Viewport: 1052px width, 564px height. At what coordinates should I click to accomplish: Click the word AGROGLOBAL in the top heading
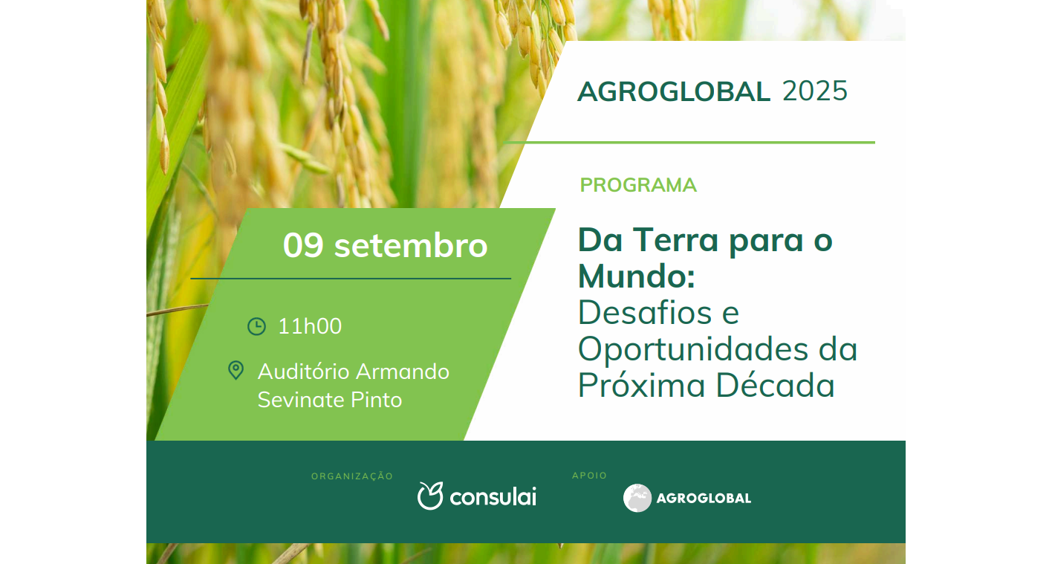tap(673, 91)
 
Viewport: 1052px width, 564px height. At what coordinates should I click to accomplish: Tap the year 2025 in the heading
tap(815, 91)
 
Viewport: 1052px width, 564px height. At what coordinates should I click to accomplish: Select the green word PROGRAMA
tap(638, 185)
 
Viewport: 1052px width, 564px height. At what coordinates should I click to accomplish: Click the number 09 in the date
tap(303, 245)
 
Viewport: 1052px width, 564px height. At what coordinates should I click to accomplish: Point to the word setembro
tap(411, 245)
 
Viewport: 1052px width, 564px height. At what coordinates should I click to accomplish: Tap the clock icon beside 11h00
tap(256, 326)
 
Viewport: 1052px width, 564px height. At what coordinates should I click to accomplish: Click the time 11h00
tap(310, 326)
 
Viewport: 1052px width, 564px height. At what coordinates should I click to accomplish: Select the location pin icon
tap(236, 370)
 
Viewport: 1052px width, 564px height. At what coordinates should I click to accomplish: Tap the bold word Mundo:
tap(637, 276)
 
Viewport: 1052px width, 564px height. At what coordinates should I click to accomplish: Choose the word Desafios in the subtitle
tap(645, 312)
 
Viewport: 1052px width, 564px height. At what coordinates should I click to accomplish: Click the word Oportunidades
tap(693, 349)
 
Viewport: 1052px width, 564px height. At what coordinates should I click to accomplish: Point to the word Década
tap(776, 385)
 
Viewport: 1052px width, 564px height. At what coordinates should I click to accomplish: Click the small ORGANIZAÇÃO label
tap(351, 476)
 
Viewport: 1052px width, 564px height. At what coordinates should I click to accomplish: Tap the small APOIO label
tap(589, 476)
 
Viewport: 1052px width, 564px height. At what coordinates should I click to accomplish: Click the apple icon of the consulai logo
tap(430, 496)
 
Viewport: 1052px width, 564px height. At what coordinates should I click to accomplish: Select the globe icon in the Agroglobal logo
tap(637, 498)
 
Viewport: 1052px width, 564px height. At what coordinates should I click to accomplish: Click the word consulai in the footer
tap(493, 497)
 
